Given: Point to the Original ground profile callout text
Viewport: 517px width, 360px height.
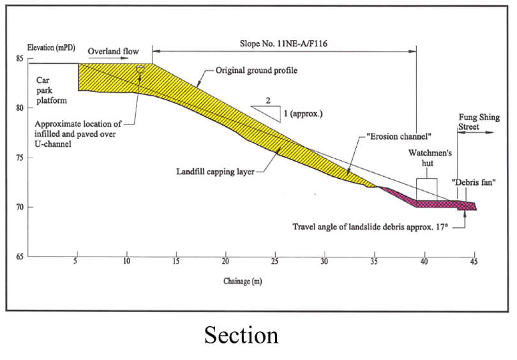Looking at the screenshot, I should [x=257, y=70].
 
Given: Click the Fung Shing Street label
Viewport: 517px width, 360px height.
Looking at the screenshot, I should [x=476, y=123].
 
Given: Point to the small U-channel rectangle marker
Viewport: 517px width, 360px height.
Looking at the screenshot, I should [x=140, y=68].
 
